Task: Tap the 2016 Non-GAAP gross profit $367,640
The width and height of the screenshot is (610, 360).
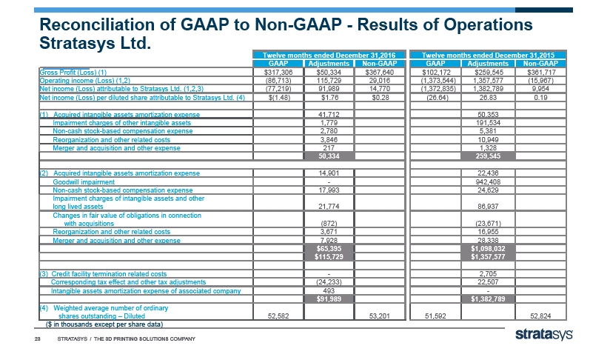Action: pos(382,72)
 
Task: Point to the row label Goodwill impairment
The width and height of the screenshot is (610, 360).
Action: pos(84,181)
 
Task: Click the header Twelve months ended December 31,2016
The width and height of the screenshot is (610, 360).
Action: pos(329,56)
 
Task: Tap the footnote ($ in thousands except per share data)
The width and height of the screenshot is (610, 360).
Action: pos(99,324)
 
